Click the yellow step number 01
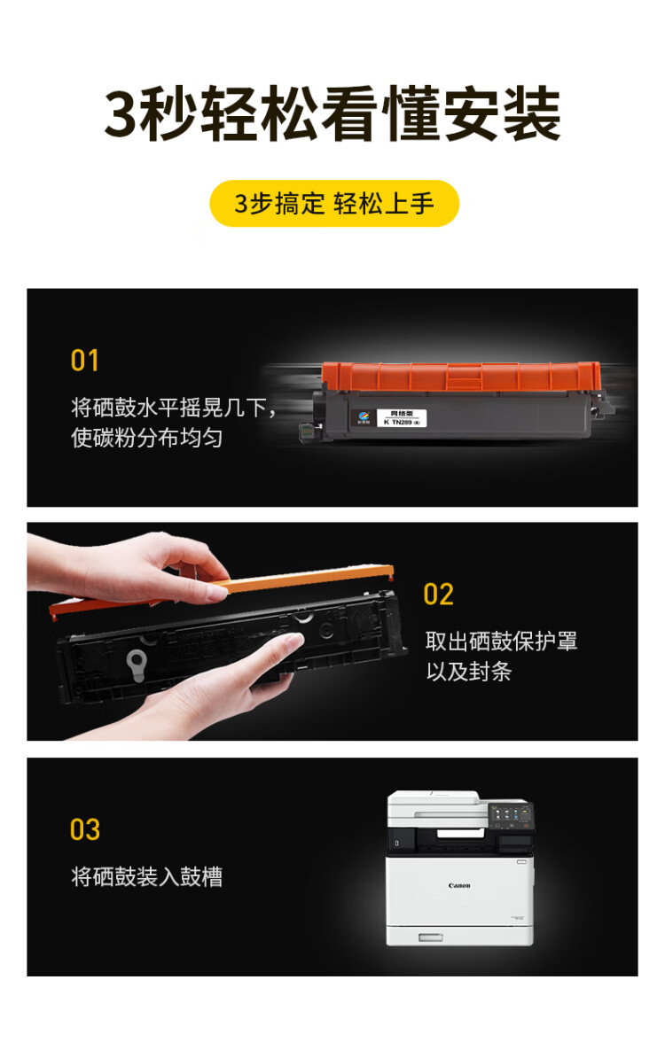(x=85, y=361)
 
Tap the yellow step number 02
(x=439, y=595)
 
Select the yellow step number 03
(x=85, y=829)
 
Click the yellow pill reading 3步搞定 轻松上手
(x=333, y=204)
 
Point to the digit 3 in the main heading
(x=121, y=116)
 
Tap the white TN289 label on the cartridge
(x=403, y=418)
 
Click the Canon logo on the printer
(x=459, y=885)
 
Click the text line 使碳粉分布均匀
(x=146, y=438)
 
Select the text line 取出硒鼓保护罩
(x=501, y=641)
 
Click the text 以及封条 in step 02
(x=469, y=672)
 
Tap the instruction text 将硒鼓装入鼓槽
(x=146, y=877)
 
